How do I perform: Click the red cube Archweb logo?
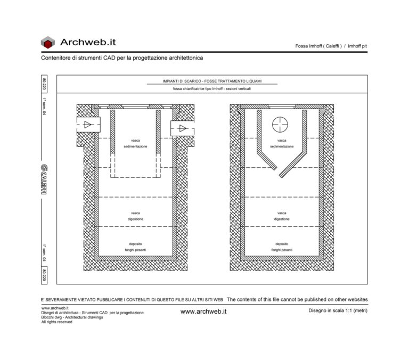point(48,43)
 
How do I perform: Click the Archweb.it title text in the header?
point(88,42)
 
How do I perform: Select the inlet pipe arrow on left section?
point(87,125)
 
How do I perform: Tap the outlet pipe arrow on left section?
point(182,128)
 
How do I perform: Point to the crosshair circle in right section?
point(280,125)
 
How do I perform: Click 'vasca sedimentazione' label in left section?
point(135,143)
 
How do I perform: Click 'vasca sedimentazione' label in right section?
point(282,143)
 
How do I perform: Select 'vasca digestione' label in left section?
point(135,216)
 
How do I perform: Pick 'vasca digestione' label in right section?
point(282,216)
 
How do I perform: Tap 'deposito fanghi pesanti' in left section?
point(135,247)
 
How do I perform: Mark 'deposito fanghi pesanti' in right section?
point(282,247)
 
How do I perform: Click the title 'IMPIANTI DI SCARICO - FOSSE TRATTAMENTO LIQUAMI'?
point(212,81)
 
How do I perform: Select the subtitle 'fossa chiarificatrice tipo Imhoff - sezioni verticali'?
point(212,89)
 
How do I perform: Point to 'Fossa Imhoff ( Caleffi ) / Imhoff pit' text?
point(331,46)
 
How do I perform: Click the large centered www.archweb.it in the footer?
point(204,312)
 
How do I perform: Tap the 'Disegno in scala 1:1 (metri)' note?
point(338,310)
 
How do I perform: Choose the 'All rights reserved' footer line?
point(56,322)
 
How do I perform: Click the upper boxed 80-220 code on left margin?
point(44,85)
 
